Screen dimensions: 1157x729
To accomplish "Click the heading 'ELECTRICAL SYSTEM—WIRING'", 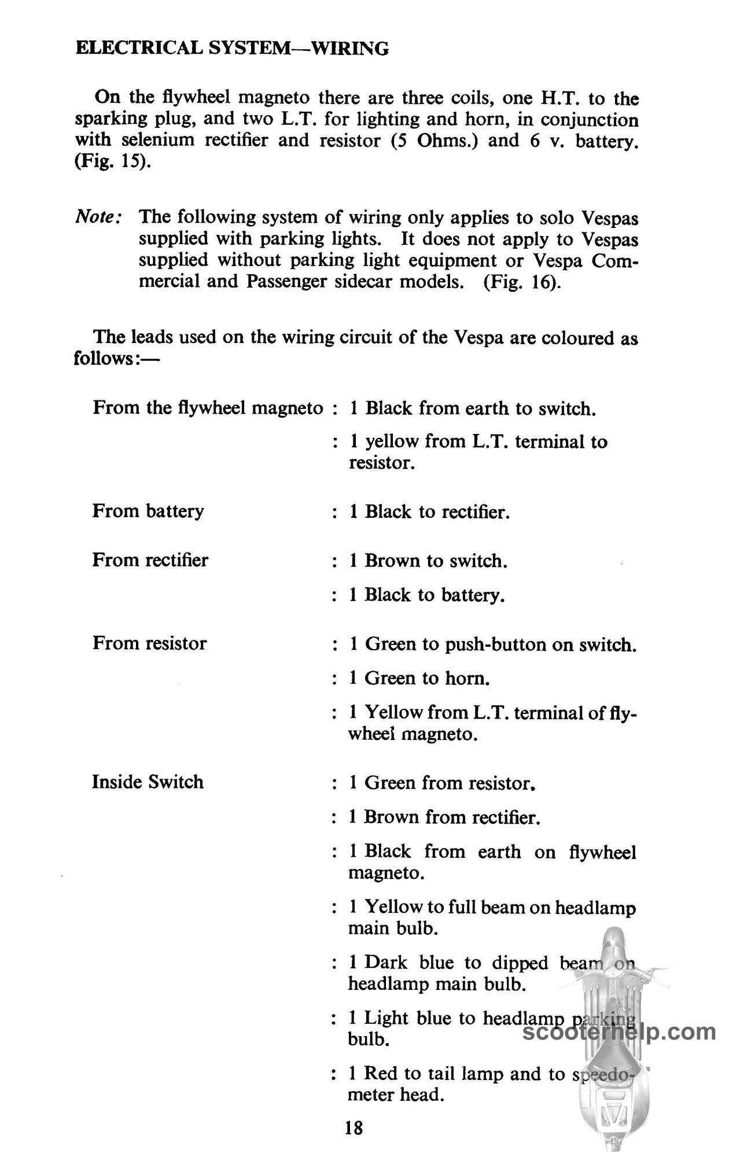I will tap(232, 48).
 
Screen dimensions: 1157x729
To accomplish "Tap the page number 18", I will tap(354, 1127).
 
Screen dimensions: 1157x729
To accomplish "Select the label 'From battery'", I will tap(148, 511).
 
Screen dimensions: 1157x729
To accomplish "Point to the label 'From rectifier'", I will tap(150, 560).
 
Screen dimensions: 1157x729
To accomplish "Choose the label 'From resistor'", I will tap(149, 643).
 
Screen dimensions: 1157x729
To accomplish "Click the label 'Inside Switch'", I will tap(148, 782).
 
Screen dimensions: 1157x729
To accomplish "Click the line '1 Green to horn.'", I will tap(420, 678).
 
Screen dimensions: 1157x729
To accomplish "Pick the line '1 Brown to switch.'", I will tap(428, 561).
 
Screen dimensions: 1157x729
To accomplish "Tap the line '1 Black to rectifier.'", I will tap(429, 512).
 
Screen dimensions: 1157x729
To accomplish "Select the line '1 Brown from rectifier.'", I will tap(444, 817).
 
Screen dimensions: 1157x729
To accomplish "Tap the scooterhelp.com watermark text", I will tap(618, 1031).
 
